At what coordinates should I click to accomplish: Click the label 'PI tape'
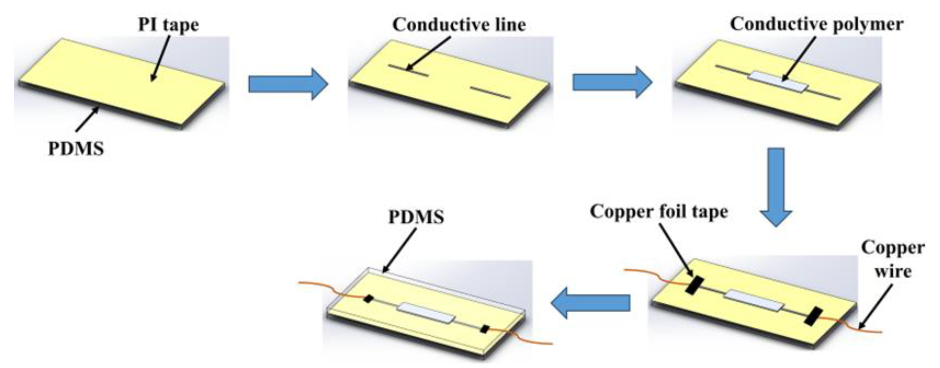tap(168, 25)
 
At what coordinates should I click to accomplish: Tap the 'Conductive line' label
tap(459, 25)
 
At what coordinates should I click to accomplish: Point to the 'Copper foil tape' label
tap(659, 211)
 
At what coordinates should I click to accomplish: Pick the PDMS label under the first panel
tap(76, 149)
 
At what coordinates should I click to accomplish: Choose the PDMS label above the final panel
tap(416, 217)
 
